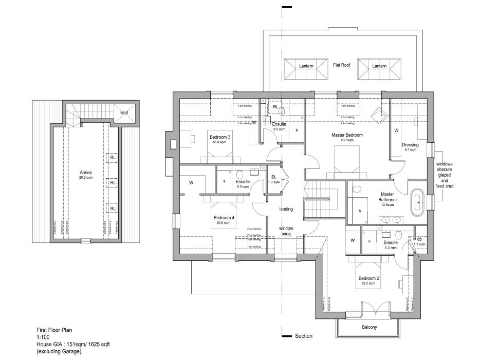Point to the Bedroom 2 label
[368, 278]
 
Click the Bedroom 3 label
[219, 137]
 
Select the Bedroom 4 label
[224, 218]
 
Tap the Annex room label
[86, 172]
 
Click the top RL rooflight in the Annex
[112, 158]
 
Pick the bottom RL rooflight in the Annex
[112, 207]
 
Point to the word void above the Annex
[124, 112]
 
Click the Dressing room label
[411, 145]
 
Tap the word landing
[286, 209]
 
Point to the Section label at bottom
[303, 336]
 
